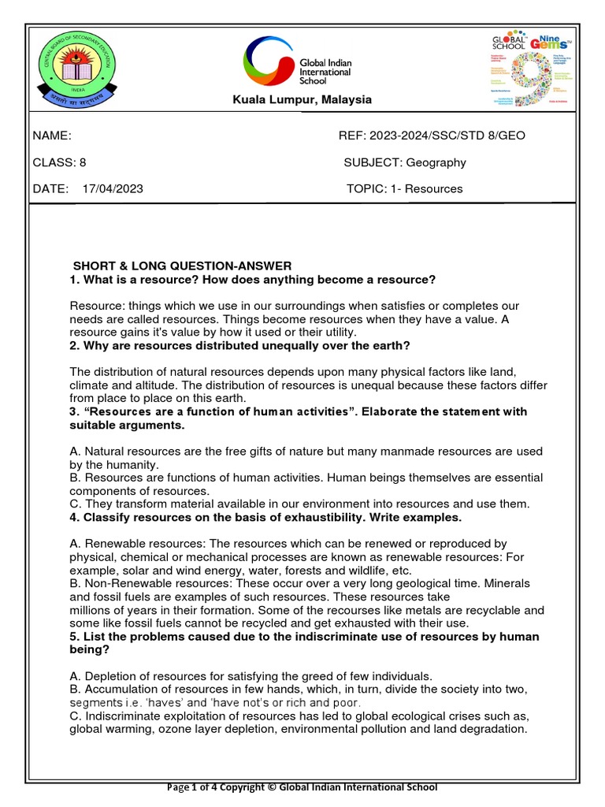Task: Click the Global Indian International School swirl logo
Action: coord(269,62)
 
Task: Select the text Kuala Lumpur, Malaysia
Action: coord(290,100)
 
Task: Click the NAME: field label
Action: coord(52,136)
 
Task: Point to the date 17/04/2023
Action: coord(112,189)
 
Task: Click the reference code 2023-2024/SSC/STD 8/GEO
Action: coord(453,136)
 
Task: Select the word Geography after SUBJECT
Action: coord(436,162)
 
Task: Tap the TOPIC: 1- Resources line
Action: coord(404,189)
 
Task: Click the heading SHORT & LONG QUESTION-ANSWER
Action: coord(182,266)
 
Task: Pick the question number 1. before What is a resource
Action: coord(76,280)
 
